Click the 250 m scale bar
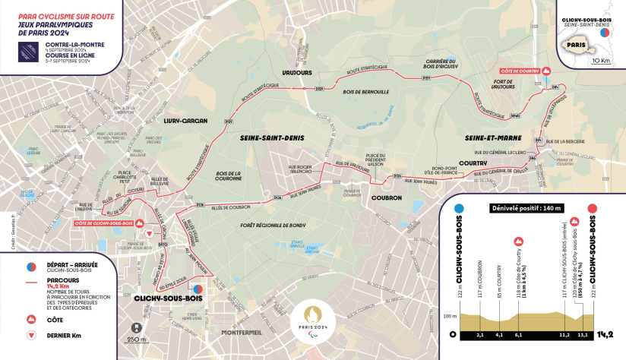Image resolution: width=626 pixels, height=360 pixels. tap(137, 339)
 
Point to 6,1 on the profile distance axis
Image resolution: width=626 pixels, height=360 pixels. tap(518, 333)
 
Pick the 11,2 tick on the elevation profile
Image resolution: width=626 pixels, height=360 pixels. tap(563, 333)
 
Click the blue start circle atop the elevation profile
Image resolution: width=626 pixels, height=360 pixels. tap(459, 208)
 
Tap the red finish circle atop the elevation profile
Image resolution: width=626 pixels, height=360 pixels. tap(593, 208)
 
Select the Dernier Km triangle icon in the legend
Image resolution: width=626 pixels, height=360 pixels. tap(31, 334)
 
